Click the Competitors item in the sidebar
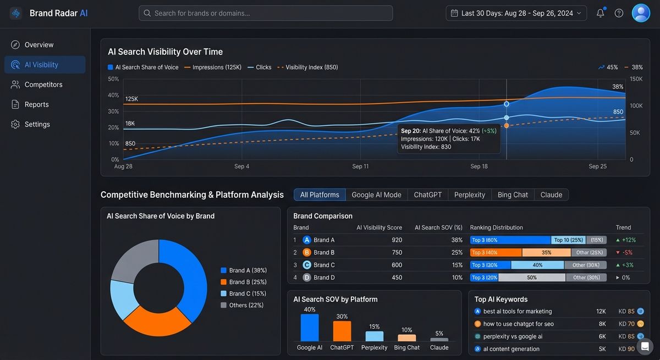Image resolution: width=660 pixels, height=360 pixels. point(43,85)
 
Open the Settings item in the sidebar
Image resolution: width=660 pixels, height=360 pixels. point(37,124)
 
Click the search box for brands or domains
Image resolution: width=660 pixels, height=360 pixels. point(266,13)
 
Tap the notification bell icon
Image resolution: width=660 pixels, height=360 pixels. point(600,13)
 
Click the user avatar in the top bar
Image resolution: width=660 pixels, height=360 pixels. point(641,13)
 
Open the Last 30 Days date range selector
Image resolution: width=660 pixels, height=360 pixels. point(516,13)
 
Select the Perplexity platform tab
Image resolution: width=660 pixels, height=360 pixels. point(470,195)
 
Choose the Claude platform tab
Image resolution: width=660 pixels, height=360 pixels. point(551,195)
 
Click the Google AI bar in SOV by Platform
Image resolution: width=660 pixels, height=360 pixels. point(310,328)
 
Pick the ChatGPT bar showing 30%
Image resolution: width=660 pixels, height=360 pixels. point(342,331)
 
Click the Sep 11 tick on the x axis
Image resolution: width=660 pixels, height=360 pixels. point(360,166)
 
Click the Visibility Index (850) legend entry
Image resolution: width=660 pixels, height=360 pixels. point(311,67)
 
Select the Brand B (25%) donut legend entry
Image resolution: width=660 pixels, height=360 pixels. point(248,282)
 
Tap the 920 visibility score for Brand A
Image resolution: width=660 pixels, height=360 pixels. point(397,240)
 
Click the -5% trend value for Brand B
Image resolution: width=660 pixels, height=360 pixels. point(627,252)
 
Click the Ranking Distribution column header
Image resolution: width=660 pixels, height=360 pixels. point(496,228)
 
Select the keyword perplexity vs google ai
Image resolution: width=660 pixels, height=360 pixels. point(513,336)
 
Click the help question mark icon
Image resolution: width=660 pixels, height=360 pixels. point(619,13)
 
